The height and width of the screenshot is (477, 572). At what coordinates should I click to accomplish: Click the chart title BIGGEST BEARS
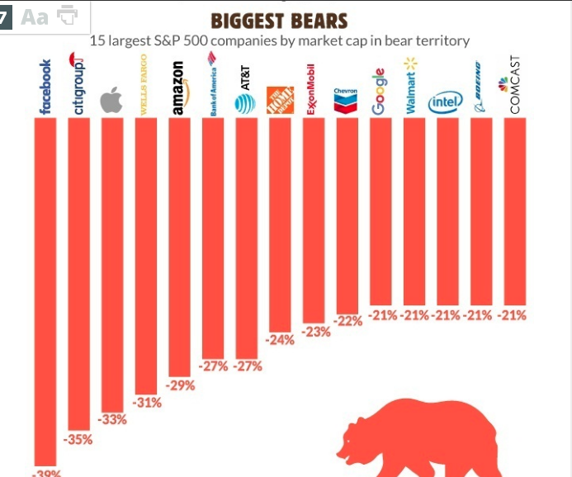pyautogui.click(x=279, y=21)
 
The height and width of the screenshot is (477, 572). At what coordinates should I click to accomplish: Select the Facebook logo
pyautogui.click(x=45, y=87)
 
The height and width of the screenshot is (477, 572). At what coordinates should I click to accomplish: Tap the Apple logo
pyautogui.click(x=111, y=102)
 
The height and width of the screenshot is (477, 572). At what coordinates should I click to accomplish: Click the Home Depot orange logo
pyautogui.click(x=280, y=99)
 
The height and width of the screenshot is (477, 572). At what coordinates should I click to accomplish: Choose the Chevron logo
pyautogui.click(x=346, y=99)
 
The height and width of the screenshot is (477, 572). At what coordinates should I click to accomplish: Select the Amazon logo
pyautogui.click(x=179, y=88)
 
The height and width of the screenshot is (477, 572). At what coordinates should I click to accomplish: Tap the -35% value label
pyautogui.click(x=79, y=440)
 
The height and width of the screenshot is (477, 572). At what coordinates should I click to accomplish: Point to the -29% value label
pyautogui.click(x=180, y=385)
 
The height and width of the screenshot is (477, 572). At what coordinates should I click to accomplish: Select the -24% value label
pyautogui.click(x=280, y=340)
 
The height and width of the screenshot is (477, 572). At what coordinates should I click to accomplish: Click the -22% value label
pyautogui.click(x=347, y=321)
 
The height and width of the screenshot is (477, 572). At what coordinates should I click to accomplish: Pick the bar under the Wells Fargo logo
pyautogui.click(x=145, y=256)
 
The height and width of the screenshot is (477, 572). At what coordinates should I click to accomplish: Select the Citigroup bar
pyautogui.click(x=78, y=272)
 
